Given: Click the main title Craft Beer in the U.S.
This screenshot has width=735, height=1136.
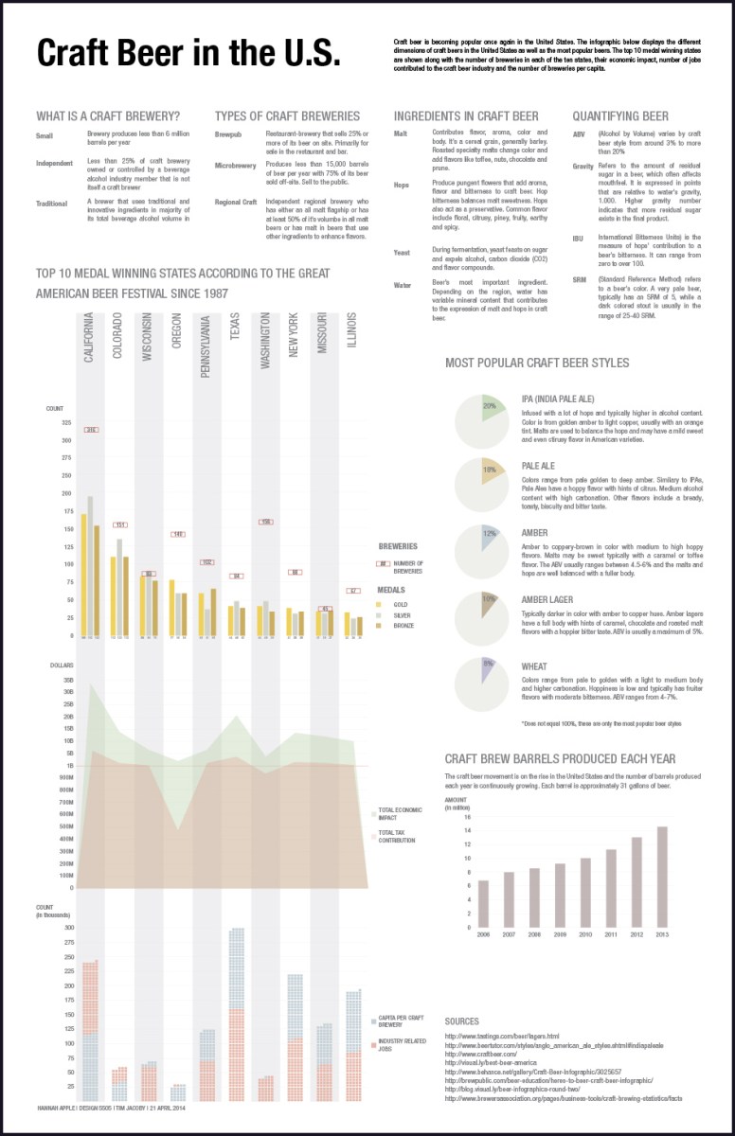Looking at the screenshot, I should click(x=188, y=54).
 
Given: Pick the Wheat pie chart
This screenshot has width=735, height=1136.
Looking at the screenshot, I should click(x=483, y=683).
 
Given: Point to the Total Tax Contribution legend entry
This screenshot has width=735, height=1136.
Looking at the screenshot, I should click(x=398, y=836).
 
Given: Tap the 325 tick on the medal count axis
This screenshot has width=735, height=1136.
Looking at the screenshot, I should click(x=66, y=422).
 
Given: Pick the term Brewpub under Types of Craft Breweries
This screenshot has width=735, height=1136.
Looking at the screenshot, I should click(x=229, y=135).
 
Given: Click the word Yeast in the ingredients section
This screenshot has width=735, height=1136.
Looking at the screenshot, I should click(x=402, y=253).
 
